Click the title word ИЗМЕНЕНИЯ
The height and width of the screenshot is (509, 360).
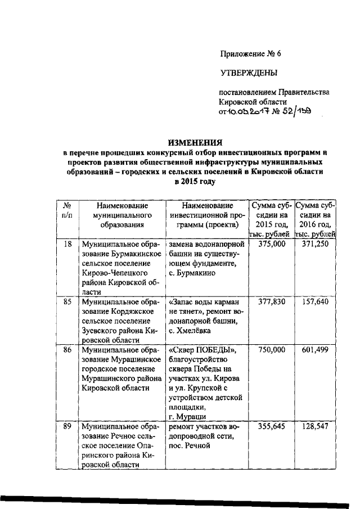coord(193,142)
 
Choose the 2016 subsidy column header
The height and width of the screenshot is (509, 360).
coord(315,220)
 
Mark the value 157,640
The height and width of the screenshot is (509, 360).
coord(315,302)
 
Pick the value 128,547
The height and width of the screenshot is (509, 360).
coord(315,426)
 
